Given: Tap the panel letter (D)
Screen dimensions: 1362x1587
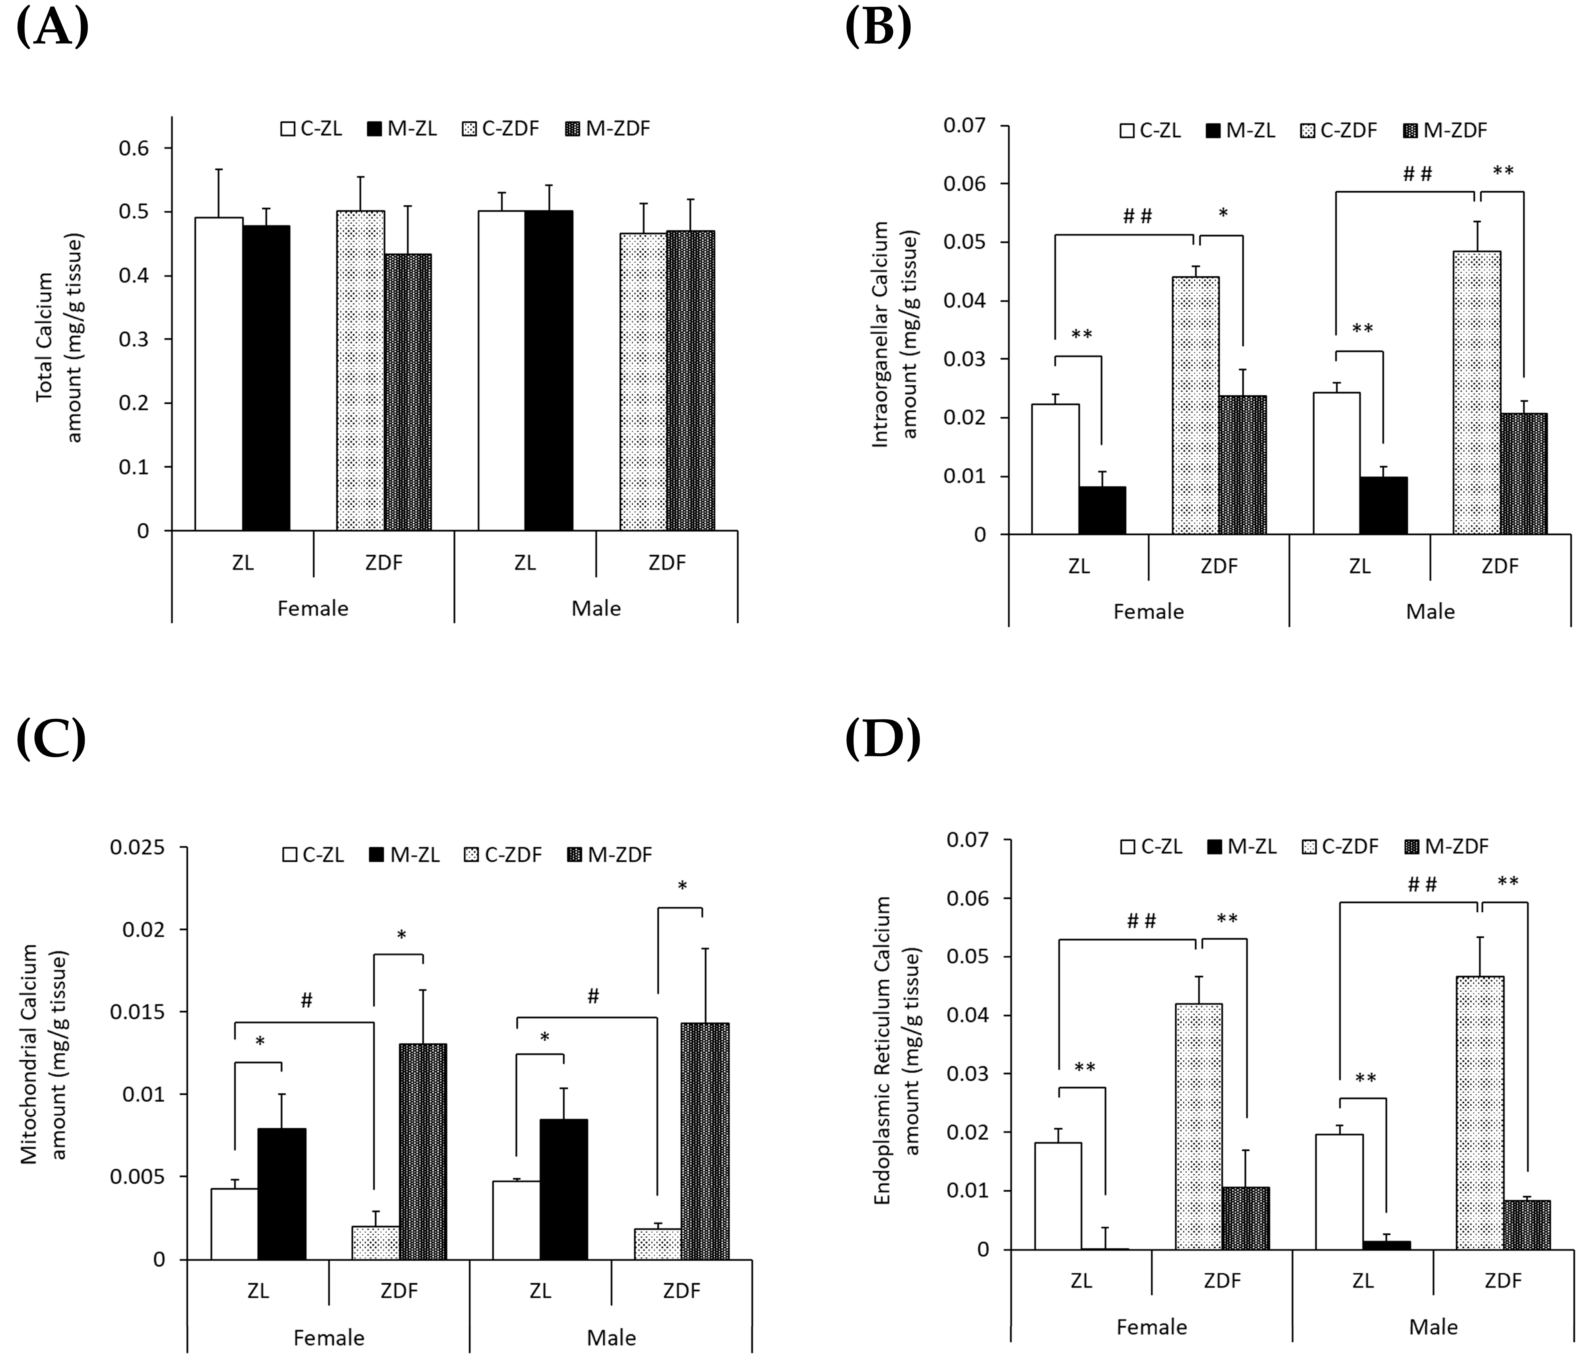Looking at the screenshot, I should click(882, 738).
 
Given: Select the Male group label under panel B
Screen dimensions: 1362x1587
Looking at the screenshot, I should click(1430, 611).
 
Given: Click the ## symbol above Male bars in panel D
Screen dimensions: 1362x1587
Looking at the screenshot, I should click(1422, 885).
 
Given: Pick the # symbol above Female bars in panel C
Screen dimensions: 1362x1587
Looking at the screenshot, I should click(306, 1001).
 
